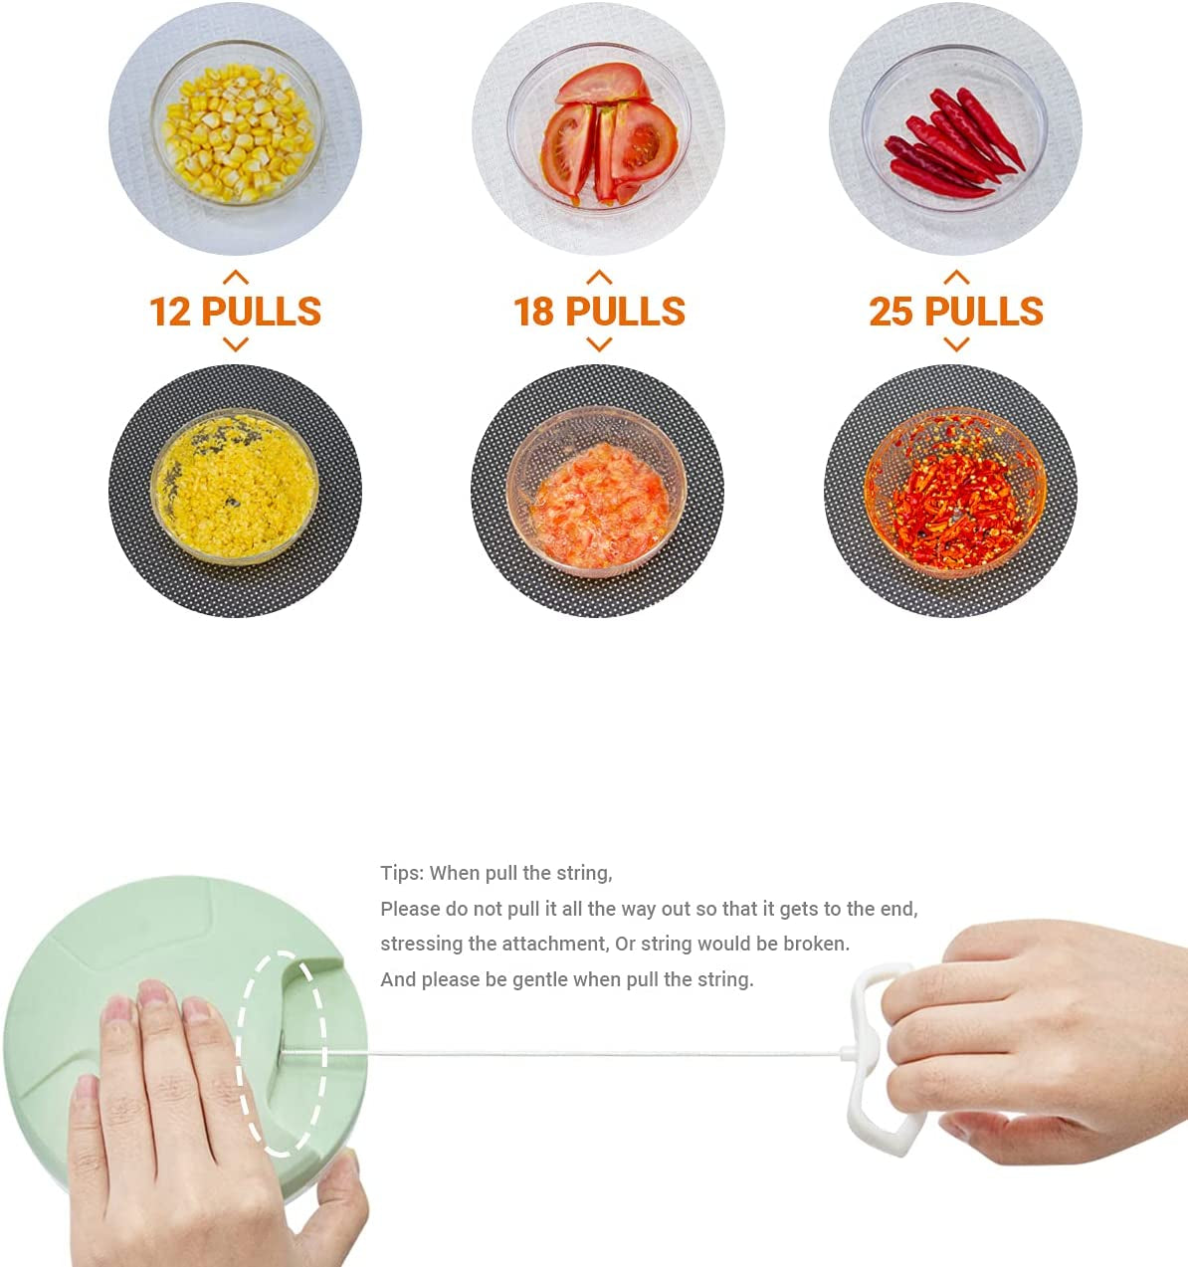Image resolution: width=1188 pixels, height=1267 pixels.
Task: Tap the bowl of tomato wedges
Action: [599, 127]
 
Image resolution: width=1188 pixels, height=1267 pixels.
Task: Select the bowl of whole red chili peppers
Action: [955, 127]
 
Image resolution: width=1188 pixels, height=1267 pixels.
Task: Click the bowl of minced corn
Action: [235, 487]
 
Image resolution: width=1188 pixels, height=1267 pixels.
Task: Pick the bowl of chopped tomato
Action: [597, 492]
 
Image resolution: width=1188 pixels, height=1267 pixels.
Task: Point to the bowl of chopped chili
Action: [955, 493]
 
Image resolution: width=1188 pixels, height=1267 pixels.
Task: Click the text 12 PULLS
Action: [236, 312]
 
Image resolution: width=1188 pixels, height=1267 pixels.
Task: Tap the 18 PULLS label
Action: [599, 312]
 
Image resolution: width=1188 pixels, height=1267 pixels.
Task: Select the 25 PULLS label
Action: [956, 312]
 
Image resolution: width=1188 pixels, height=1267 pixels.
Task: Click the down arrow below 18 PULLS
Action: [599, 345]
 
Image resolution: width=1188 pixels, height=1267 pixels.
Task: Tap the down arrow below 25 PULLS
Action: [956, 345]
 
